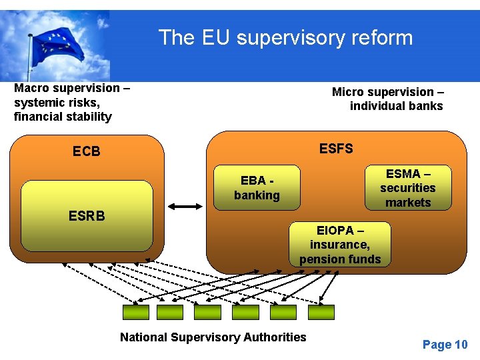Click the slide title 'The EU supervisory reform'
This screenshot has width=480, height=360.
(x=285, y=37)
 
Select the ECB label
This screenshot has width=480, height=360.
(x=87, y=152)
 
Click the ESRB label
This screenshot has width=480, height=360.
(x=87, y=216)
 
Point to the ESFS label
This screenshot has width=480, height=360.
(x=336, y=149)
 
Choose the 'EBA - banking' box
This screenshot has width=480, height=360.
(x=257, y=188)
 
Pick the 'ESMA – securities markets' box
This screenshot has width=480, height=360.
(x=407, y=188)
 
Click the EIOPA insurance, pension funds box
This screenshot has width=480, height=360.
(x=340, y=245)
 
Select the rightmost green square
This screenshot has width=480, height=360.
(x=321, y=312)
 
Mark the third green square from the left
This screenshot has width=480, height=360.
(x=207, y=312)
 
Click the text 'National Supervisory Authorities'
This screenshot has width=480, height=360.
(x=213, y=337)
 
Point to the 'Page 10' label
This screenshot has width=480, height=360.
(x=445, y=345)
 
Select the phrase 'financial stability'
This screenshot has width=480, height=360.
(x=63, y=117)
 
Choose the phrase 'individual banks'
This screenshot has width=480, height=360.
(x=396, y=106)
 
